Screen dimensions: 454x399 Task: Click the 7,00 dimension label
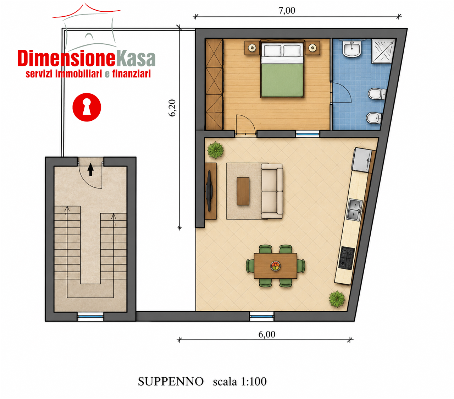coord(287,11)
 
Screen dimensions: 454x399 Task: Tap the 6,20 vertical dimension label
coord(172,108)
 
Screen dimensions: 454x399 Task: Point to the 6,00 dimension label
coord(267,334)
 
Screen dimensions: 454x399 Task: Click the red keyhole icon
coord(87,107)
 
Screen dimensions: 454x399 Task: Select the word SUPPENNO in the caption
coord(171,381)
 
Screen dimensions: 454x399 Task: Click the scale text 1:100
coord(254,381)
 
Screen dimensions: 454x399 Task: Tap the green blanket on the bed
coord(282,80)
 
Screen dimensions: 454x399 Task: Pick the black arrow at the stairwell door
coord(90,169)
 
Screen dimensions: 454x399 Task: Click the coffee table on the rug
coord(243,191)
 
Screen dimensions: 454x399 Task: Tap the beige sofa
coord(272,191)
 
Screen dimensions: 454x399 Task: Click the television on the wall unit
coord(209,191)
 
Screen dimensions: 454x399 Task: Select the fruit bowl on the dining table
coord(275,266)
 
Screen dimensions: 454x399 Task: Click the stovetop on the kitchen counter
coord(347,258)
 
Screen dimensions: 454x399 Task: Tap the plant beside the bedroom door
coord(215,150)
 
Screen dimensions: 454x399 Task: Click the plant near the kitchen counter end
coord(337,299)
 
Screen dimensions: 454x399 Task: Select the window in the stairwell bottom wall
coord(90,316)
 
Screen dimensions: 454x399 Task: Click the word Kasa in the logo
coord(135,59)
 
